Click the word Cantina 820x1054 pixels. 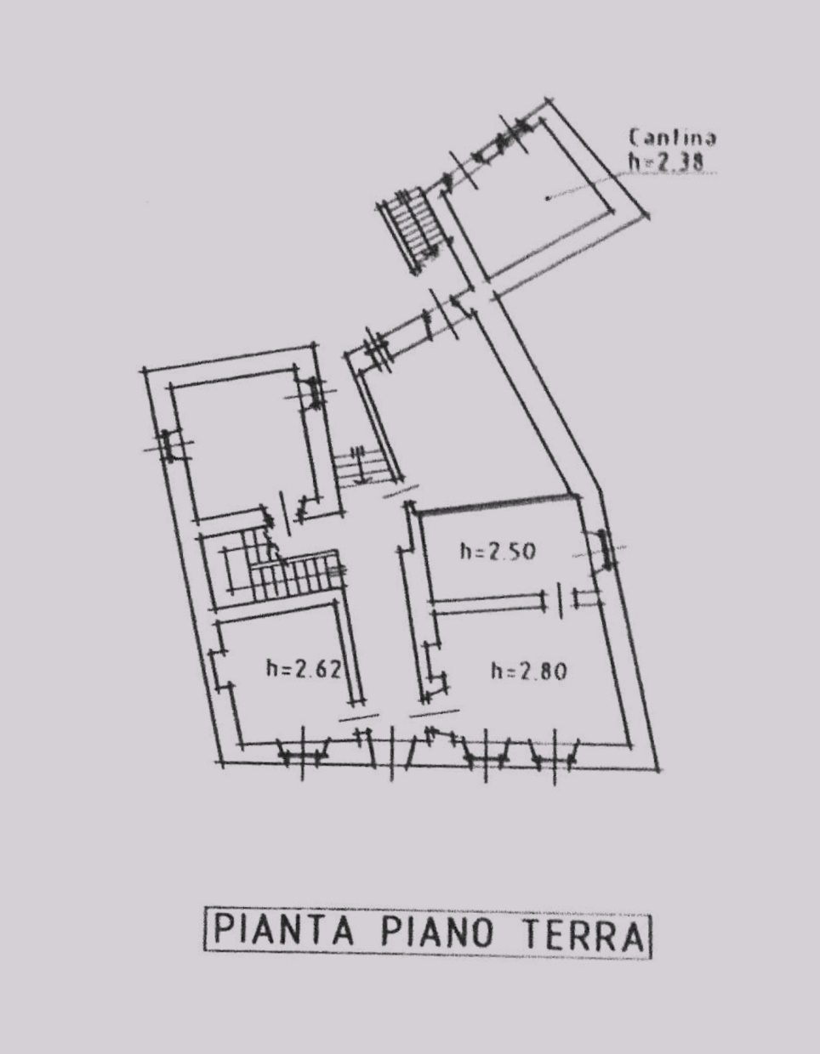click(x=673, y=138)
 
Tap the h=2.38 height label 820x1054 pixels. click(x=666, y=162)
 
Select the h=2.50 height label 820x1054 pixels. click(x=498, y=552)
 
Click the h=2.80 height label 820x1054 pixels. click(x=529, y=671)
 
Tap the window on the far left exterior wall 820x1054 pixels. click(x=168, y=445)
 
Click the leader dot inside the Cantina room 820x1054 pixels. click(x=548, y=198)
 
